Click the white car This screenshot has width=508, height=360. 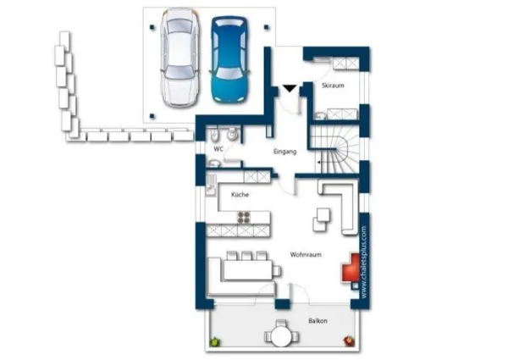pyautogui.click(x=179, y=58)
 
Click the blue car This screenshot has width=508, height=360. pyautogui.click(x=229, y=59)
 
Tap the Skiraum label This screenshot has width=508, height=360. pyautogui.click(x=333, y=86)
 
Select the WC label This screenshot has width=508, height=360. pyautogui.click(x=218, y=149)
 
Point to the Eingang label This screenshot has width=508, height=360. pyautogui.click(x=284, y=152)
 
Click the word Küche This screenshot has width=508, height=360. pyautogui.click(x=240, y=195)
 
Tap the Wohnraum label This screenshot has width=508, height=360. pyautogui.click(x=306, y=254)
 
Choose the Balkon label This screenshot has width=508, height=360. pyautogui.click(x=317, y=321)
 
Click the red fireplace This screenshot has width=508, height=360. pyautogui.click(x=351, y=269)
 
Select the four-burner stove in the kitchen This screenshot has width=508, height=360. pyautogui.click(x=244, y=218)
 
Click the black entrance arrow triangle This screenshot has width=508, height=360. pyautogui.click(x=290, y=88)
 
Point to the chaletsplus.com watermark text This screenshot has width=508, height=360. pyautogui.click(x=364, y=262)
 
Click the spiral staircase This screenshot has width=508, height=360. pyautogui.click(x=338, y=149)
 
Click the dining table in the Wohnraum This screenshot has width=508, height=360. pyautogui.click(x=248, y=270)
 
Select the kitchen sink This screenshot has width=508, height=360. pyautogui.click(x=211, y=185)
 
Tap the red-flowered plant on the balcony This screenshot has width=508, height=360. pyautogui.click(x=349, y=341)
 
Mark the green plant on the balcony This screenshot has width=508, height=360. pyautogui.click(x=214, y=341)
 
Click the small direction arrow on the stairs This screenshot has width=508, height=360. pyautogui.click(x=319, y=162)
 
